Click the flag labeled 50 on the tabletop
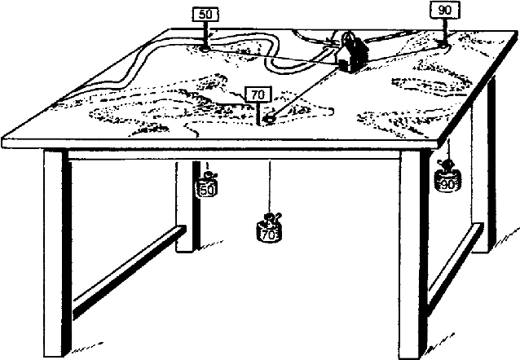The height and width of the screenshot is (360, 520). [x=204, y=15]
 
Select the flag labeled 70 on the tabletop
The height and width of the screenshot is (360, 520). [x=258, y=95]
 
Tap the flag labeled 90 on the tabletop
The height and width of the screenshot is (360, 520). [x=444, y=11]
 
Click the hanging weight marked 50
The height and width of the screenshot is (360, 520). [x=207, y=187]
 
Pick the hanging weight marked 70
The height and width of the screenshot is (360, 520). [x=270, y=230]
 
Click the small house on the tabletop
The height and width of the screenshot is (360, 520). [x=351, y=55]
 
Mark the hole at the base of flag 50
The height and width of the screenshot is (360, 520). [x=204, y=48]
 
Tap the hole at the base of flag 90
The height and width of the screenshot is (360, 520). [x=443, y=42]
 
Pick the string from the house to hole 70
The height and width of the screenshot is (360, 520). [x=306, y=91]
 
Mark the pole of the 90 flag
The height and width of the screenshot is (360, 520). [x=443, y=29]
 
